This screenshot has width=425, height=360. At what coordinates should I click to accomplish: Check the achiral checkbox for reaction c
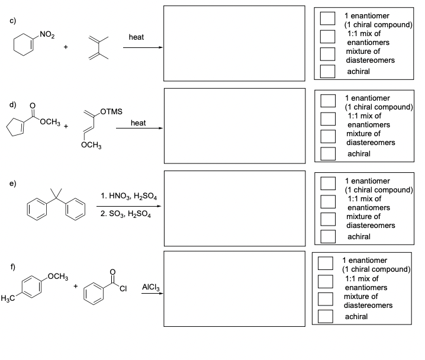coord(328,71)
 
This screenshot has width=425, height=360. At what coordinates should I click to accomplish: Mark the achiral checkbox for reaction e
coord(328,236)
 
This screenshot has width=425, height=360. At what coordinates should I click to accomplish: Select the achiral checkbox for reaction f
coord(325,317)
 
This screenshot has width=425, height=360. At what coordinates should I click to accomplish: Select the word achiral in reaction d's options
coord(359,154)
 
